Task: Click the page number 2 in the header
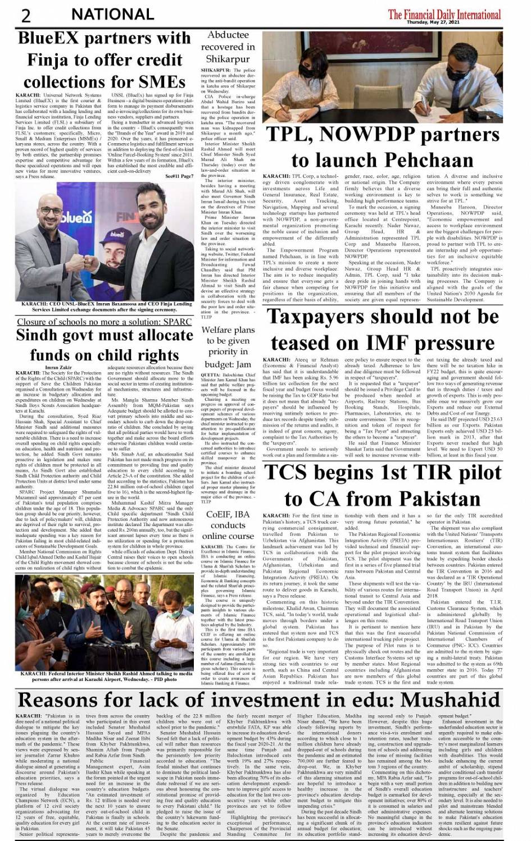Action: click(x=26, y=15)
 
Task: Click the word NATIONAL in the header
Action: click(x=112, y=14)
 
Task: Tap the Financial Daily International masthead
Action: click(x=444, y=13)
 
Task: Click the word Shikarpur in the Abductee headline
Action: click(x=228, y=58)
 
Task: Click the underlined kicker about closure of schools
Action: click(x=104, y=322)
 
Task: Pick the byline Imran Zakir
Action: click(x=59, y=367)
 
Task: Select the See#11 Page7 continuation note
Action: click(x=179, y=176)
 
